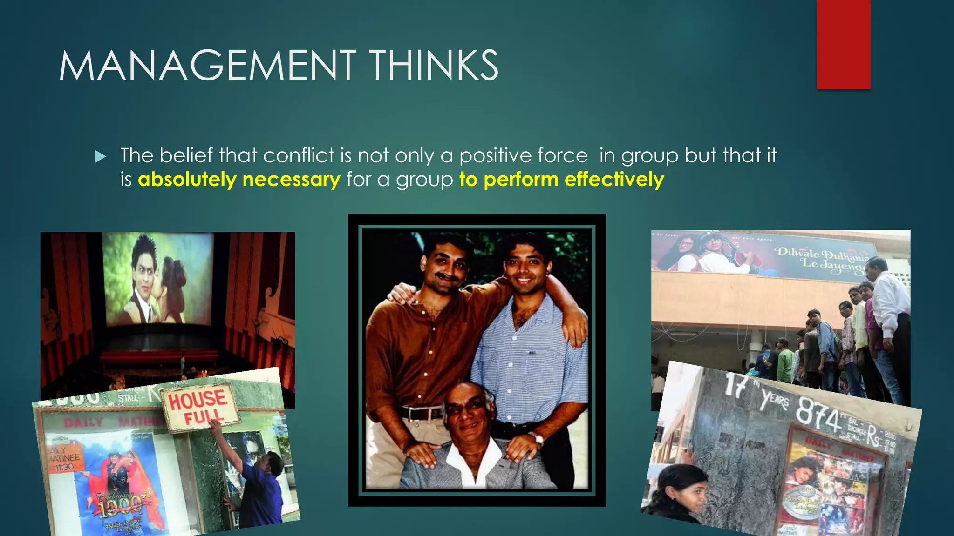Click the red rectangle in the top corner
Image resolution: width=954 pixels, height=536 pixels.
(843, 44)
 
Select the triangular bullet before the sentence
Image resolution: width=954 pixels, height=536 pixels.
(100, 157)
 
